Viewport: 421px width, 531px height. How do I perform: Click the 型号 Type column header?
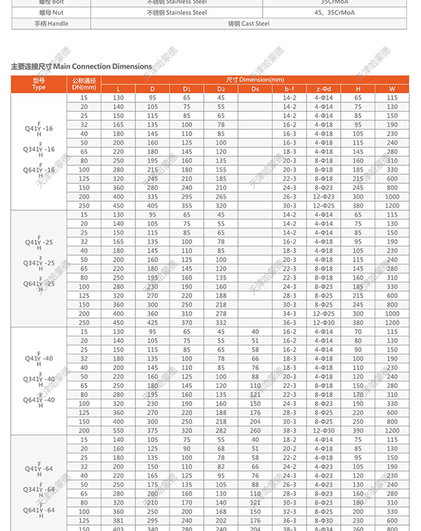tap(39, 84)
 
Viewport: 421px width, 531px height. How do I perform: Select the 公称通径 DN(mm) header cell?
tap(84, 84)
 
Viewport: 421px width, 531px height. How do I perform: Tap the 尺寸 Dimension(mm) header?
tap(254, 79)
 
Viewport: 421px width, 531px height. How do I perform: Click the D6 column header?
tap(255, 88)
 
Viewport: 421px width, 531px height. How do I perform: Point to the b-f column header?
tap(289, 88)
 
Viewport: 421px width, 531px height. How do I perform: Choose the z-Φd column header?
tap(323, 88)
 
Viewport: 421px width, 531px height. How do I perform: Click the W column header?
tap(392, 88)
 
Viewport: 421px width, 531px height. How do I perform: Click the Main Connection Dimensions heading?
tap(82, 67)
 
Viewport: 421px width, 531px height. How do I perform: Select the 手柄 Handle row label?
tap(51, 23)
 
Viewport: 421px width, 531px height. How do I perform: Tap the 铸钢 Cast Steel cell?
tap(249, 23)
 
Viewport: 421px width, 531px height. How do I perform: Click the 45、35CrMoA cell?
tap(336, 12)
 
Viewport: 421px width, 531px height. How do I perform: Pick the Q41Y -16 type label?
tap(39, 128)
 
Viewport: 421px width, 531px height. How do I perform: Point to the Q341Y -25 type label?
tap(39, 263)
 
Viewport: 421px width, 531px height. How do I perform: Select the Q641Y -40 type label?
tap(39, 399)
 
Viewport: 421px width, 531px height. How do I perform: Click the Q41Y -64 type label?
tap(39, 469)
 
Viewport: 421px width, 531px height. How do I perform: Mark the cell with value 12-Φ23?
tap(323, 197)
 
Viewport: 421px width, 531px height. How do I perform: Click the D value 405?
tap(152, 206)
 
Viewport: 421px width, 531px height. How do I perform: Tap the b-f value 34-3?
tap(289, 314)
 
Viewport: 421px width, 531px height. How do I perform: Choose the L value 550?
tap(118, 431)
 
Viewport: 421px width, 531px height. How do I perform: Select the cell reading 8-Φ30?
tap(323, 521)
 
